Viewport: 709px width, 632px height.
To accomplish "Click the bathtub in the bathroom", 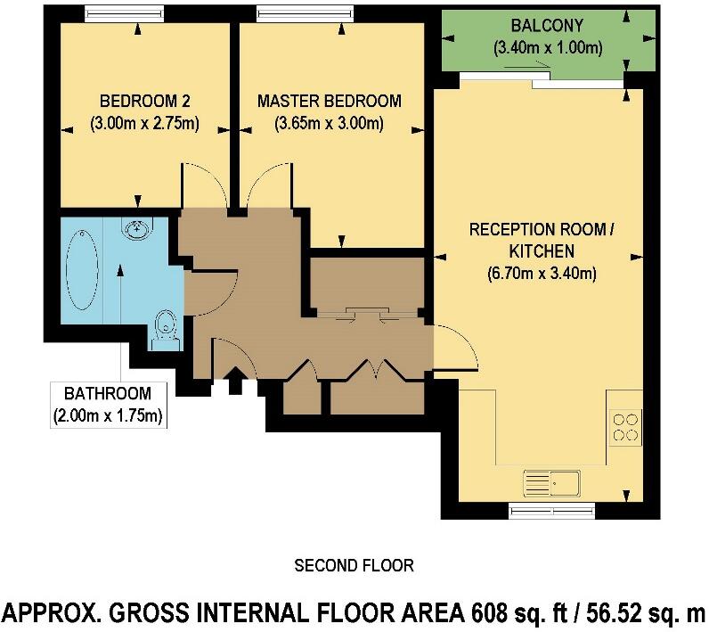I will pyautogui.click(x=80, y=271).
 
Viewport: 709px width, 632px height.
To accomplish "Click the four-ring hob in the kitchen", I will pyautogui.click(x=624, y=426).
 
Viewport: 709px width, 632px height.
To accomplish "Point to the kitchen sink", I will pyautogui.click(x=552, y=481).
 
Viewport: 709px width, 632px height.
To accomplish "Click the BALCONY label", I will pyautogui.click(x=535, y=26).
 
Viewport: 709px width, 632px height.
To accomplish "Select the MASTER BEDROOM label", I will pyautogui.click(x=329, y=101).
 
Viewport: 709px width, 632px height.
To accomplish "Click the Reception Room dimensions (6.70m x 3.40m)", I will pyautogui.click(x=541, y=273).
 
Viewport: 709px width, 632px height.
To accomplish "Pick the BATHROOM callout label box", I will pyautogui.click(x=108, y=404).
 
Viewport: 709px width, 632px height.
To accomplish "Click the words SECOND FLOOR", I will pyautogui.click(x=354, y=565).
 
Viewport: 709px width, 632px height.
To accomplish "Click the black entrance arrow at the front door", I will pyautogui.click(x=237, y=383).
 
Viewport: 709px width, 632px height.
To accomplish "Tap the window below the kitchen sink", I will pyautogui.click(x=551, y=511).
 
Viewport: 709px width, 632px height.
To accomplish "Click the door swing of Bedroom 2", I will pyautogui.click(x=203, y=185).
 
